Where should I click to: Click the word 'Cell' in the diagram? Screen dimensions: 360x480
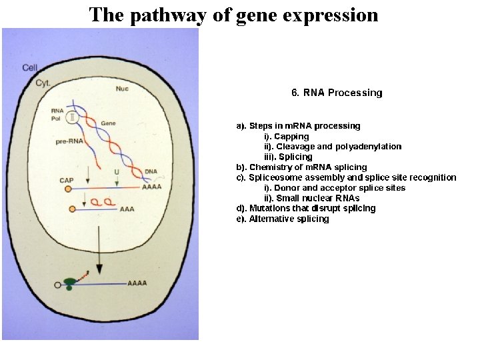30,67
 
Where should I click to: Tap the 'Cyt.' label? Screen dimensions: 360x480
43,83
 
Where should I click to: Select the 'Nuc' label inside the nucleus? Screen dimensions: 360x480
122,89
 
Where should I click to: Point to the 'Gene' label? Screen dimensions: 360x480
108,123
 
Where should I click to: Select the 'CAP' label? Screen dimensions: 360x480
67,180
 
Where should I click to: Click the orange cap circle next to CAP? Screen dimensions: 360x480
68,189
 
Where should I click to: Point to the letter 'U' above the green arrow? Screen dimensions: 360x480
117,171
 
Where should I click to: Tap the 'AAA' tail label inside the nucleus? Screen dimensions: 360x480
127,209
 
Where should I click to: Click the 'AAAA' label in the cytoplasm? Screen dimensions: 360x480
137,283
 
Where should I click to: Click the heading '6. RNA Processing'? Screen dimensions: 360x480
337,93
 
